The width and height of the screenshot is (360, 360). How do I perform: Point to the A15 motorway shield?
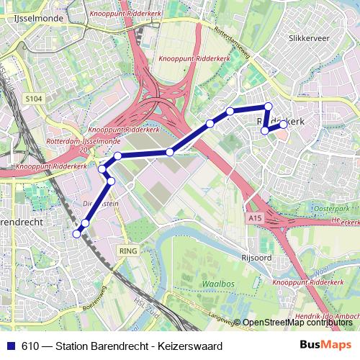[x=253, y=217]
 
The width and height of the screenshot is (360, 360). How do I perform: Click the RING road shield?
[x=128, y=250]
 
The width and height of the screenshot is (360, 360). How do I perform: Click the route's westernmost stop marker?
[x=77, y=233]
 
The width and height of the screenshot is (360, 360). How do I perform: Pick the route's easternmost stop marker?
[x=283, y=125]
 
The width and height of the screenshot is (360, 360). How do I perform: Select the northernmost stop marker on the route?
[x=268, y=107]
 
